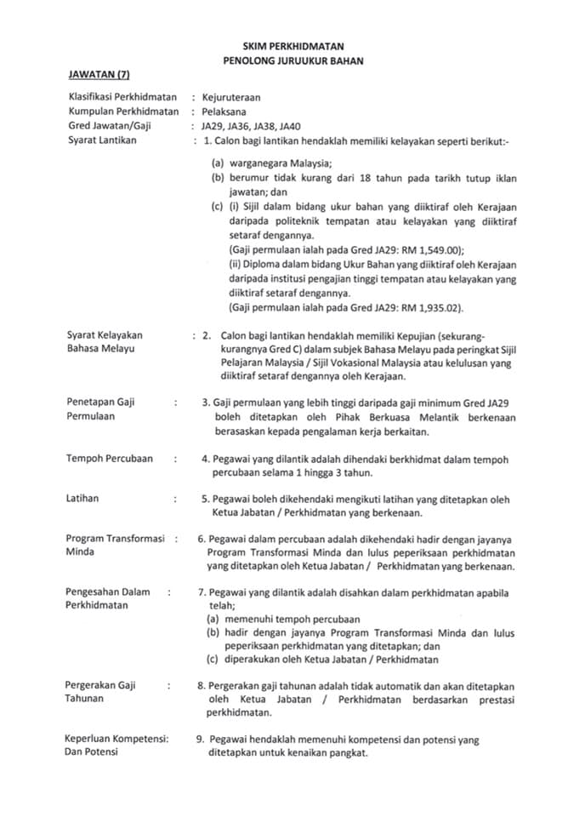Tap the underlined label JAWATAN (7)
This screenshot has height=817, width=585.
[99, 77]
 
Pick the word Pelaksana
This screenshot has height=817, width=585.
[224, 111]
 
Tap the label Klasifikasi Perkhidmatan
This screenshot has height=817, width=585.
[124, 97]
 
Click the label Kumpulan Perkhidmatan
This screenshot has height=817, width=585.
[123, 111]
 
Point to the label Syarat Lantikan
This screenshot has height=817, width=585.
[102, 140]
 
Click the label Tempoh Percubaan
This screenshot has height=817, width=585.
[110, 458]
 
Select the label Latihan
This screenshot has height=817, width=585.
[82, 499]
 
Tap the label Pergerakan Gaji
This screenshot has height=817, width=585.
[100, 685]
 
